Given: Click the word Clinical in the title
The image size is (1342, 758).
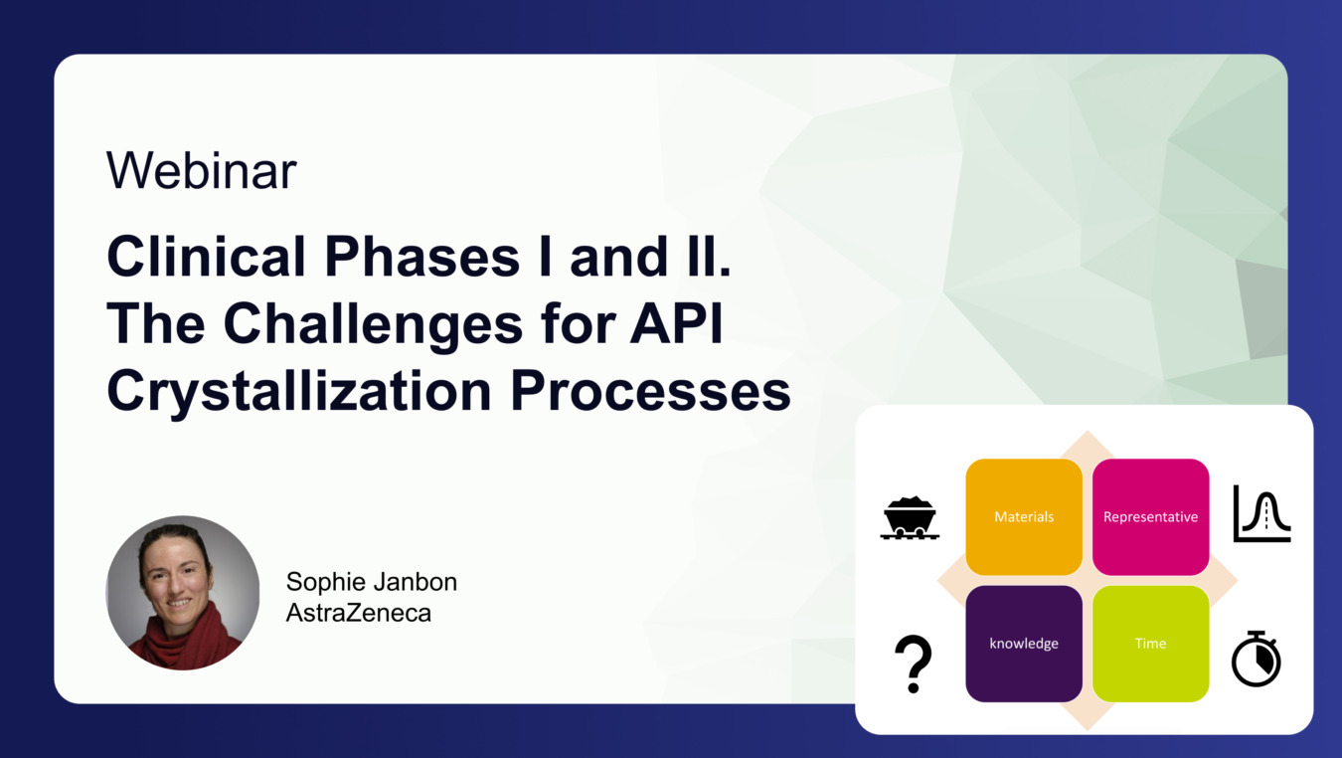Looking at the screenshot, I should tap(207, 257).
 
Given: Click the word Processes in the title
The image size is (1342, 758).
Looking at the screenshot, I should tap(650, 391).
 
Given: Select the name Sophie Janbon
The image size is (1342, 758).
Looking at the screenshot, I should tap(372, 582).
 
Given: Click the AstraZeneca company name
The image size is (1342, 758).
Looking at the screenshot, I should tap(358, 613).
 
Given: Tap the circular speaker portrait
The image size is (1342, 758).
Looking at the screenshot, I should tap(183, 592).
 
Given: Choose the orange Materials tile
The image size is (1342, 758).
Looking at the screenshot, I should tap(1024, 517).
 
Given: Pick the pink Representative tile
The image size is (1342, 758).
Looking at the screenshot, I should tap(1150, 517).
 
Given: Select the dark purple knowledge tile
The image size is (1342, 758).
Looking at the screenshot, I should tap(1024, 644).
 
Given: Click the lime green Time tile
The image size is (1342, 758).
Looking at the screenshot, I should tap(1150, 644).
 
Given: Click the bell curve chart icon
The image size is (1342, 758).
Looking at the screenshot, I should tap(1261, 513).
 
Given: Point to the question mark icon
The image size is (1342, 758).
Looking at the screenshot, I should tap(913, 663).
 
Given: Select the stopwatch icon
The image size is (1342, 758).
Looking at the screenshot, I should tap(1257, 659).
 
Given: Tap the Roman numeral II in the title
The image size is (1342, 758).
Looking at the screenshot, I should tap(708, 257).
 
